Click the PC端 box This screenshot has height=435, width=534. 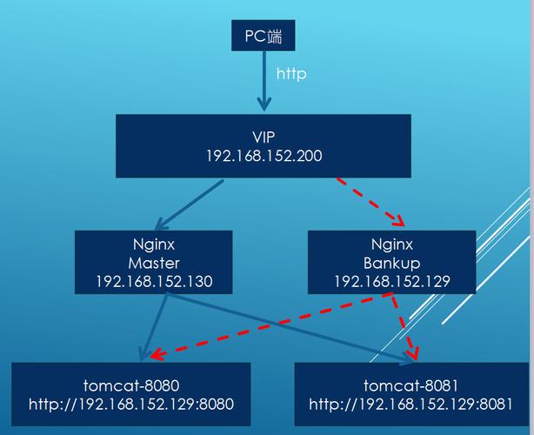click(x=264, y=36)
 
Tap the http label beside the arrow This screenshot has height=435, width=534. click(x=291, y=74)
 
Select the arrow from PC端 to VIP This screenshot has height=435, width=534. click(x=264, y=81)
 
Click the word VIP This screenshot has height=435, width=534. click(x=264, y=137)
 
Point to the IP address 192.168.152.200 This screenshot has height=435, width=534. click(x=264, y=156)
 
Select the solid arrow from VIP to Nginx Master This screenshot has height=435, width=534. click(x=190, y=204)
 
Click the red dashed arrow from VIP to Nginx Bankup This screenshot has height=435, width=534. click(x=370, y=202)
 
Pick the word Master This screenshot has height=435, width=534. click(x=154, y=263)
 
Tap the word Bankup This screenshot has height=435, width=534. click(x=392, y=264)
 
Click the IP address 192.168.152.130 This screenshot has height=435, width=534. click(x=154, y=282)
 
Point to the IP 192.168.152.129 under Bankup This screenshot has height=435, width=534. click(x=392, y=282)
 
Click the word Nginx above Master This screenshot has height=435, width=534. click(x=154, y=244)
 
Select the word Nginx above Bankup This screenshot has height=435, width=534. click(x=392, y=244)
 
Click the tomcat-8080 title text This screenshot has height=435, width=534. click(x=131, y=385)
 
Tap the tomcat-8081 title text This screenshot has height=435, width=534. click(x=411, y=385)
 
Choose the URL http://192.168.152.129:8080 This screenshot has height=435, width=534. click(x=131, y=405)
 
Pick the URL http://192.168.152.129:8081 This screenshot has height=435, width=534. click(x=411, y=405)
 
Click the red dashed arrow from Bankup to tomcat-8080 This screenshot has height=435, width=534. click(x=270, y=325)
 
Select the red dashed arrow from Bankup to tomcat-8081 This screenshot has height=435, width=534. click(x=404, y=326)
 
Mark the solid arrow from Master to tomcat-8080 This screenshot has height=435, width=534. click(x=154, y=327)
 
